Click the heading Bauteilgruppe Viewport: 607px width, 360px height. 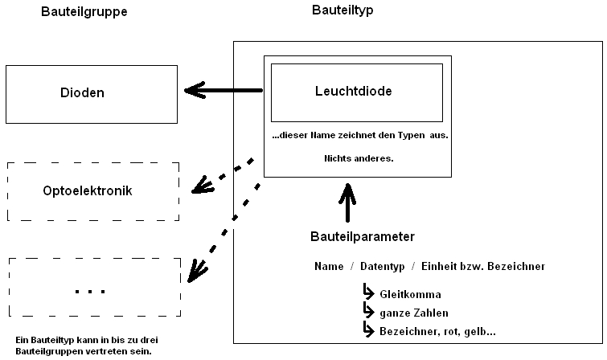pos(84,13)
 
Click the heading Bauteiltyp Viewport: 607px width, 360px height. pos(342,10)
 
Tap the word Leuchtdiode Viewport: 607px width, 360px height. pos(354,92)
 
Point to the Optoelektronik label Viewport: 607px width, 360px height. pos(88,192)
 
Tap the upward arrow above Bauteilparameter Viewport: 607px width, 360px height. pos(347,202)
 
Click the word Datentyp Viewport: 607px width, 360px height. pos(380,267)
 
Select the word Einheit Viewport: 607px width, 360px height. pos(442,267)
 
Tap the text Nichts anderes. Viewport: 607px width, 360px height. pos(359,158)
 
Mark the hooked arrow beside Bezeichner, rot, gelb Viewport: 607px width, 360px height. pos(369,329)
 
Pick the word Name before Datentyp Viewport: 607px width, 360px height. pos(329,267)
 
